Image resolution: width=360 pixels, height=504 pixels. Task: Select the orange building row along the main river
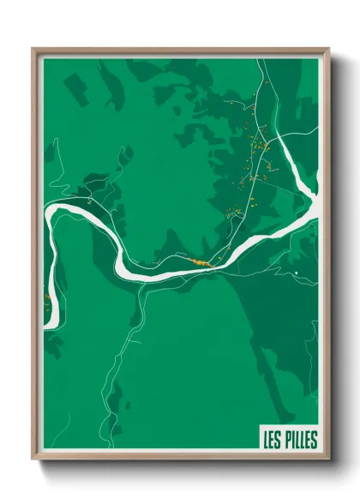tap(202, 262)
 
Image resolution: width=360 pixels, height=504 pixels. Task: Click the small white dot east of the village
tap(294, 273)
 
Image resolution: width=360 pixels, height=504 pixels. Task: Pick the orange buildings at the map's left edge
tap(46, 297)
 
